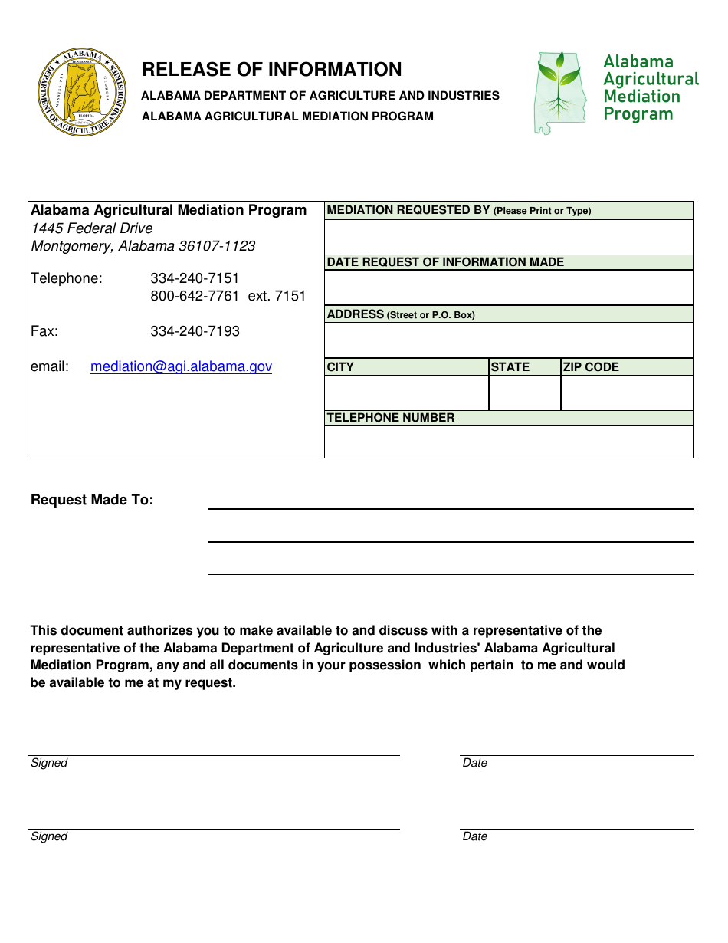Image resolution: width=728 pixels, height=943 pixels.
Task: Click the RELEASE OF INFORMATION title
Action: pos(271,70)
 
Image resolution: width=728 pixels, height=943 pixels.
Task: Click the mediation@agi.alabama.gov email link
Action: pos(181,366)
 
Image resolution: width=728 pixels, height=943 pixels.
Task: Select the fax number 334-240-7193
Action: pos(195,331)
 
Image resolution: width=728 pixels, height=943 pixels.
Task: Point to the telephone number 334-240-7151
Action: pos(195,278)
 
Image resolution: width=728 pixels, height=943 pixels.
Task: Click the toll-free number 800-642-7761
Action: pos(195,296)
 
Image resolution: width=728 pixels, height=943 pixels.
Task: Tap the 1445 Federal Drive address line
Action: pos(92,228)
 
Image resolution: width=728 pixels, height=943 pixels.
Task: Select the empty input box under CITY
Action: pos(406,393)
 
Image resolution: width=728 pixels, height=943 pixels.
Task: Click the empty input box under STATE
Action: pos(524,393)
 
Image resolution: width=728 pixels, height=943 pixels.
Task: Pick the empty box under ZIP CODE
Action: pos(627,393)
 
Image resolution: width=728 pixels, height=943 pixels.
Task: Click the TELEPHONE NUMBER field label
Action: pos(391,418)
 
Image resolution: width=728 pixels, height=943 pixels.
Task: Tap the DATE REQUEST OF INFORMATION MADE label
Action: pos(445,262)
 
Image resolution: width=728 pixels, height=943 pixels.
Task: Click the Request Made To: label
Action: pos(92,500)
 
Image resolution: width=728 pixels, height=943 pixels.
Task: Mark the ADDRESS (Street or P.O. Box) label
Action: pos(401,314)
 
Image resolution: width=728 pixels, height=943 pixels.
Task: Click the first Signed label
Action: pos(49,763)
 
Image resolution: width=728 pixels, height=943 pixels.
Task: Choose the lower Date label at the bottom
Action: pos(475,836)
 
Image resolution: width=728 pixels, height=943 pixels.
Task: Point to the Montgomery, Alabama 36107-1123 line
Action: pos(143,246)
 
